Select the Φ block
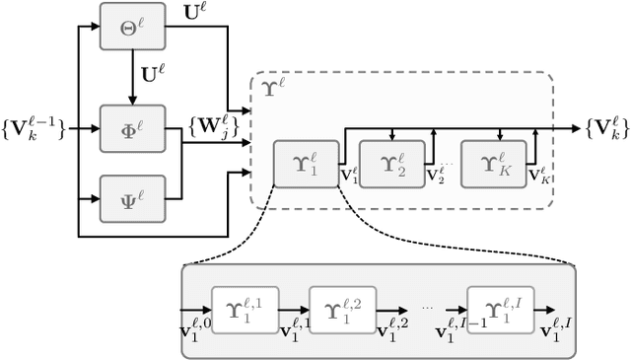130,128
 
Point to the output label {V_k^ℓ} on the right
603,128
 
